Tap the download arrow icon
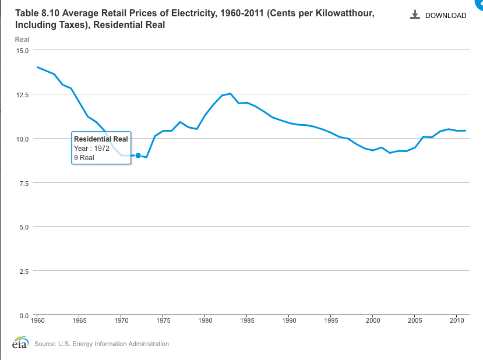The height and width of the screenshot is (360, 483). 415,15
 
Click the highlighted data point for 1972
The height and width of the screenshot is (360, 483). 138,156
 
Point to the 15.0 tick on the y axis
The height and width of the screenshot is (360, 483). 22,50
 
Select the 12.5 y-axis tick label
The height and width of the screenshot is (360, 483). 22,94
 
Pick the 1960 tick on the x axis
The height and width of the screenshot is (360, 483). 37,320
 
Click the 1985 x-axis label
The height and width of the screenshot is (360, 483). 247,320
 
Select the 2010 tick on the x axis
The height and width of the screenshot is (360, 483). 457,320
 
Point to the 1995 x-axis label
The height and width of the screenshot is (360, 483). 331,320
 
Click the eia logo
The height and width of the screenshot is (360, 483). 20,343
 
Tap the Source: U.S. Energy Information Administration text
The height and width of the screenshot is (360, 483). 101,344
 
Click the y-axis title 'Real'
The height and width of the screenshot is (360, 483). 22,40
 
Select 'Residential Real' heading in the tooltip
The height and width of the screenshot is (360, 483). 101,139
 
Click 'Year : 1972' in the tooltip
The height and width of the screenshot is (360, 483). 91,149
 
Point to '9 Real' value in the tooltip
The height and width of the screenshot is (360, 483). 84,158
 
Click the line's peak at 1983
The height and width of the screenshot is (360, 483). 230,93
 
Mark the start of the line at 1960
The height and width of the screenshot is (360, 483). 37,67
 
